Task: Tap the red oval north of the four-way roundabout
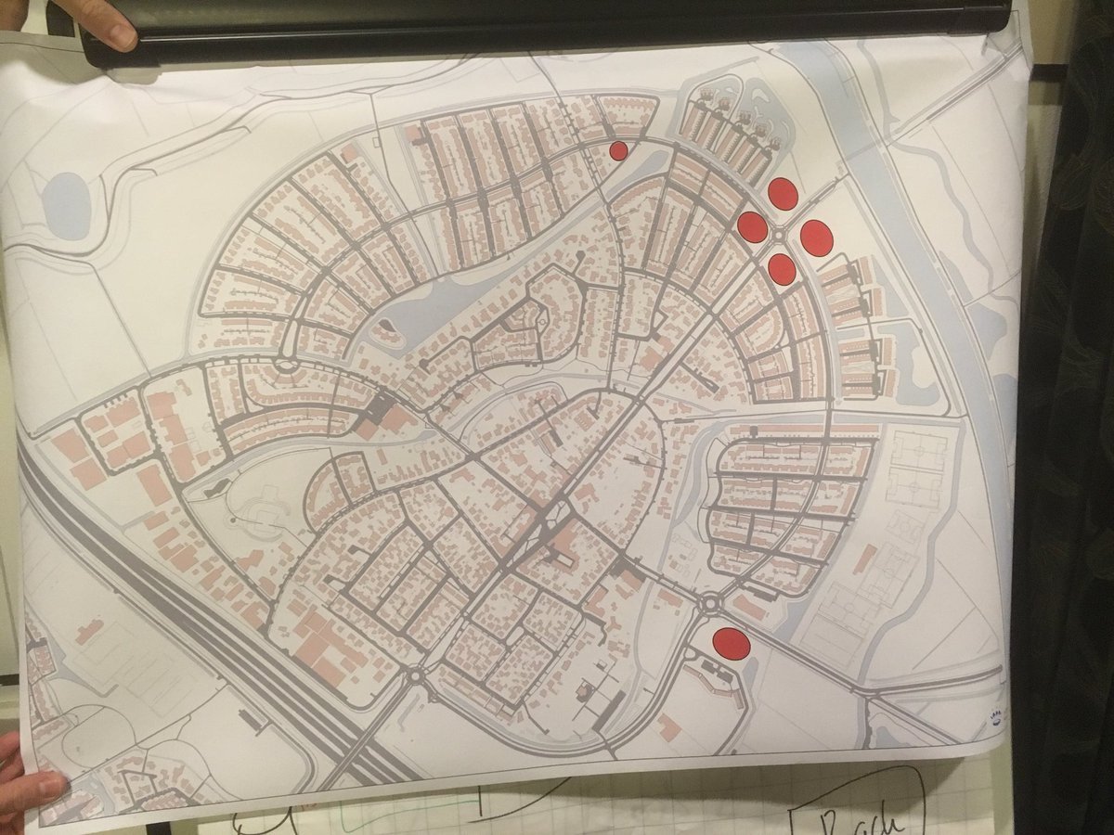click(x=784, y=193)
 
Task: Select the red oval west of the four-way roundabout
click(x=752, y=225)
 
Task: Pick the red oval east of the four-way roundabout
click(x=817, y=238)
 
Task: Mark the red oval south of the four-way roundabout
click(x=783, y=269)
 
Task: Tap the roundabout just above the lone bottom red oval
click(x=711, y=604)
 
